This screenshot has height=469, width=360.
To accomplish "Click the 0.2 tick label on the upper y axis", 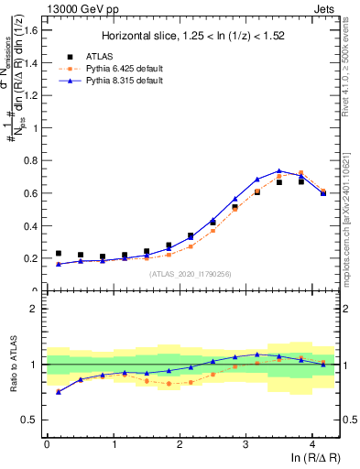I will (33, 258).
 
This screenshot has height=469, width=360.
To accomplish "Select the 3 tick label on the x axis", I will (245, 444).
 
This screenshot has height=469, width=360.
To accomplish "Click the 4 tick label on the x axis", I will (312, 444).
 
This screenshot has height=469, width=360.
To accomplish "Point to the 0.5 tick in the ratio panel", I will (33, 420).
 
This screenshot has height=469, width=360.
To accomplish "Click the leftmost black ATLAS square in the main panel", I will (59, 253).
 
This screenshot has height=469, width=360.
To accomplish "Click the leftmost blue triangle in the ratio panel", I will (59, 391).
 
